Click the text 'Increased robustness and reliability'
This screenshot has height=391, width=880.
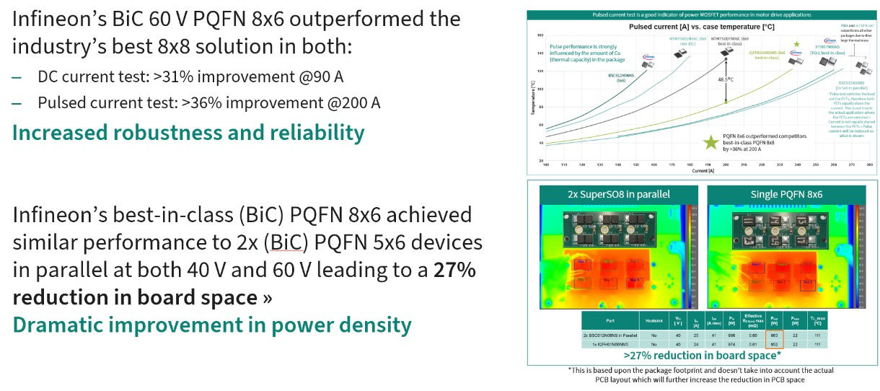pyautogui.click(x=188, y=133)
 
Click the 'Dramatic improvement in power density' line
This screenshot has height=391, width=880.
pyautogui.click(x=212, y=325)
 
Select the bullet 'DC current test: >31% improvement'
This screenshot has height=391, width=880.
pyautogui.click(x=191, y=76)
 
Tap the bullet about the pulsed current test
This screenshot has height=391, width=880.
pyautogui.click(x=209, y=102)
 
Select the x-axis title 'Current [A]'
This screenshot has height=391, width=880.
pyautogui.click(x=699, y=170)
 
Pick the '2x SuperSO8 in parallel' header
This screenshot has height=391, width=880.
pyautogui.click(x=617, y=193)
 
